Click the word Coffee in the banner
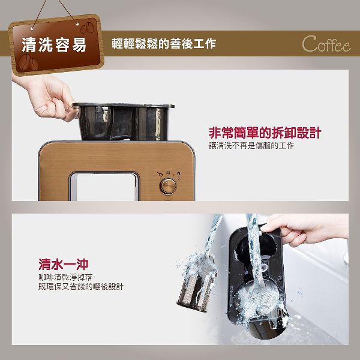coord(326,44)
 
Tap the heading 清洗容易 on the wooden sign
coord(54,44)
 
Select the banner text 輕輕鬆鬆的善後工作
coord(164,44)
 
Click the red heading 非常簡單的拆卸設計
coord(265,133)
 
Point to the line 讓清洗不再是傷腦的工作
coord(251,146)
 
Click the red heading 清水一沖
coord(64,264)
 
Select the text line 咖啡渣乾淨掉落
coord(65,277)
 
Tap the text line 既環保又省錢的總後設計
coord(81,287)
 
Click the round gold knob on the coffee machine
coord(168,186)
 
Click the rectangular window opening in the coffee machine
coord(104,187)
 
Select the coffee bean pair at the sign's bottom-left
coord(29,62)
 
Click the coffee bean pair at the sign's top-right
coord(87,28)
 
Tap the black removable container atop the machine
coord(123,121)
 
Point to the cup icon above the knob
coord(160,174)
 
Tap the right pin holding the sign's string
coord(77,24)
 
